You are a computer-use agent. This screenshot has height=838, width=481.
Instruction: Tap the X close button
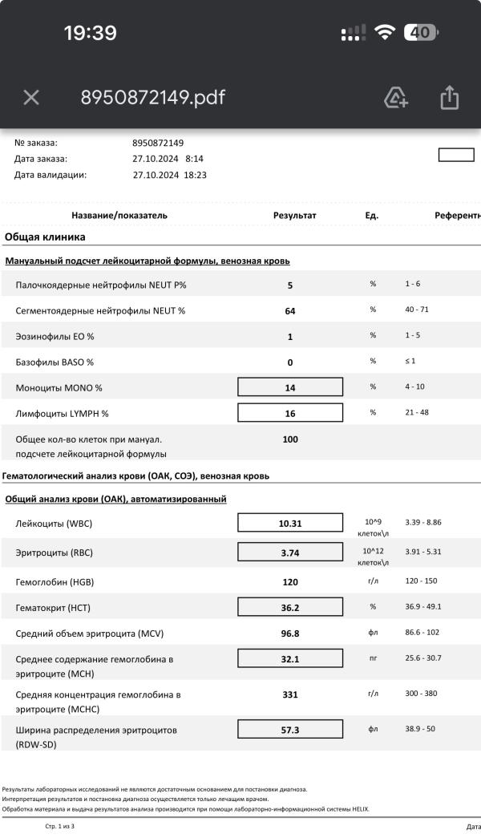[31, 98]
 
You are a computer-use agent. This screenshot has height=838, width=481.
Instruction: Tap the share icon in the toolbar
[449, 98]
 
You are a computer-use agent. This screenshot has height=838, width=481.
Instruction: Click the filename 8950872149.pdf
[152, 98]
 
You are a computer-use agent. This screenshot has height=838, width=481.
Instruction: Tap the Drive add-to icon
[396, 98]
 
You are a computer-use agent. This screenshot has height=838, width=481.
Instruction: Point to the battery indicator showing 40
[420, 33]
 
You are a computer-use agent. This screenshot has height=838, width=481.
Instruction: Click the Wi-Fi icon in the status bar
[385, 33]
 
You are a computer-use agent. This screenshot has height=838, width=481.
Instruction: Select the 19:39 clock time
[91, 33]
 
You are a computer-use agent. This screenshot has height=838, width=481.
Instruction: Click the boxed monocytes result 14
[290, 387]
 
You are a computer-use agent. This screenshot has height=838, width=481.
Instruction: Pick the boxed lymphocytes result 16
[290, 413]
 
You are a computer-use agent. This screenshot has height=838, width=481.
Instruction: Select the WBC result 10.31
[290, 523]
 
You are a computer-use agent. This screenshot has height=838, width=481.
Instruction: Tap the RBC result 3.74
[290, 553]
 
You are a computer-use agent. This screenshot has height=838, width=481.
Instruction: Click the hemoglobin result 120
[290, 582]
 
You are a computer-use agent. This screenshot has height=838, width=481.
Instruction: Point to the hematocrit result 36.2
[290, 607]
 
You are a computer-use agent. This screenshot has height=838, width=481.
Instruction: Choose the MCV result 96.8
[290, 634]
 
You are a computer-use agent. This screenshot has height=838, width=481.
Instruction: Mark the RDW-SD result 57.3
[290, 730]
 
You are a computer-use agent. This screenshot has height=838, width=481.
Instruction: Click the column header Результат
[295, 216]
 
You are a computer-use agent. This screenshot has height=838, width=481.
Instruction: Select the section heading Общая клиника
[45, 237]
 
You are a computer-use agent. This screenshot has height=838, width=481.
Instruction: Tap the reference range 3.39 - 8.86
[423, 522]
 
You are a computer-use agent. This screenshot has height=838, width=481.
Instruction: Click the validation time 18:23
[196, 174]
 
